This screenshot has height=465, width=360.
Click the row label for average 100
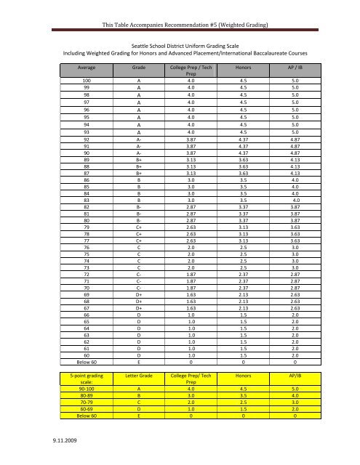[x=87, y=81]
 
